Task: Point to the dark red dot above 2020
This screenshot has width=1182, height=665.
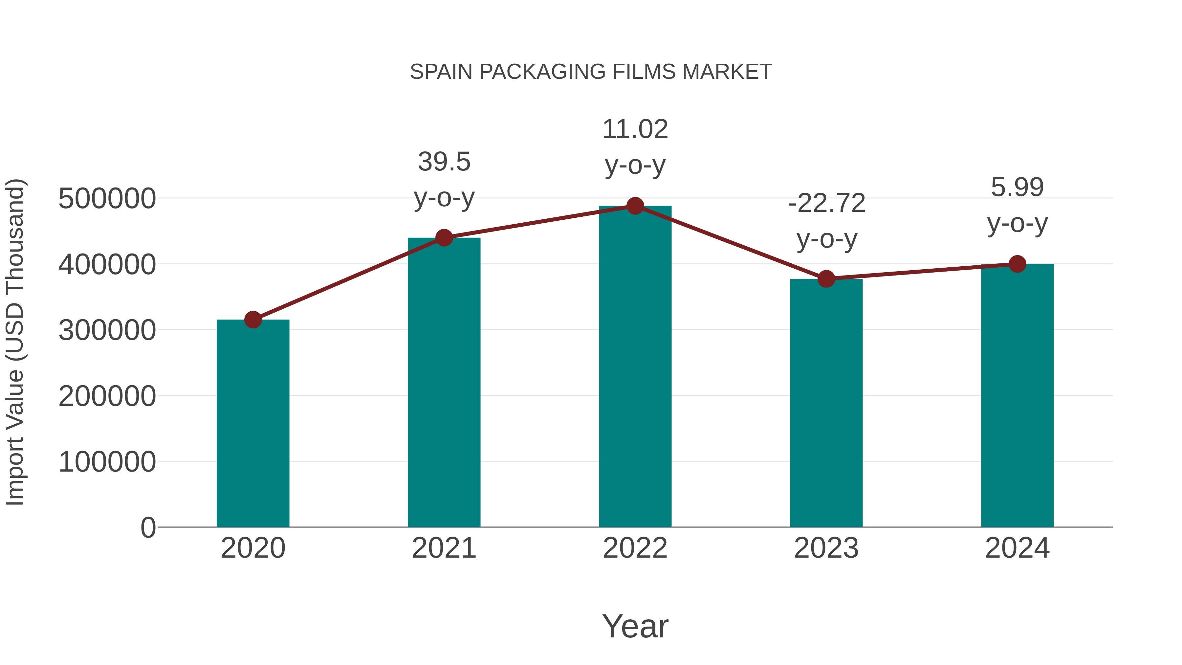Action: click(x=253, y=320)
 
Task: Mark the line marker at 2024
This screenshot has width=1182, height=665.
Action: click(x=1017, y=264)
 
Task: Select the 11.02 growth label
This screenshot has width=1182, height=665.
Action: click(x=635, y=129)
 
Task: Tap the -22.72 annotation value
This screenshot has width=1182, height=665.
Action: click(x=826, y=203)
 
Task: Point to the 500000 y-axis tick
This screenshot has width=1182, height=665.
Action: click(x=107, y=199)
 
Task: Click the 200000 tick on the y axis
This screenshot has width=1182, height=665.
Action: click(x=107, y=396)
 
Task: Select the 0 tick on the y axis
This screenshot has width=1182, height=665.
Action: click(x=148, y=528)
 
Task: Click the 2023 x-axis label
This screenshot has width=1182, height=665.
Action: click(x=826, y=548)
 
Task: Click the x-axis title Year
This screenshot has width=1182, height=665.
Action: click(x=635, y=627)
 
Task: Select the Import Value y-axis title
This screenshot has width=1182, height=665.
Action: click(x=15, y=342)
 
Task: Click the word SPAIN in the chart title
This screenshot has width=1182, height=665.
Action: click(x=441, y=72)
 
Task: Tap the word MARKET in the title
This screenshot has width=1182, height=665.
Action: click(x=727, y=72)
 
